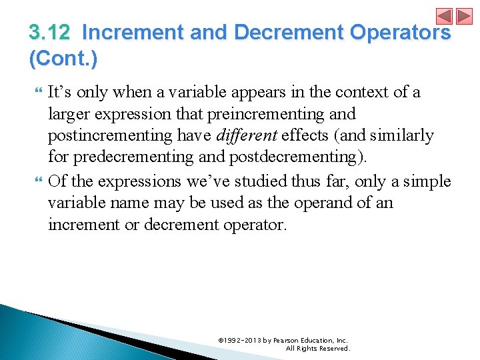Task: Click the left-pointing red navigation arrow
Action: point(444,17)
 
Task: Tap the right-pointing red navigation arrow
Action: point(463,17)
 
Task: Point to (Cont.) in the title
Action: point(63,59)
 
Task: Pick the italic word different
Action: point(246,136)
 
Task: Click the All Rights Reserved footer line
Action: point(317,348)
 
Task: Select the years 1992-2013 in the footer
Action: point(242,340)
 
